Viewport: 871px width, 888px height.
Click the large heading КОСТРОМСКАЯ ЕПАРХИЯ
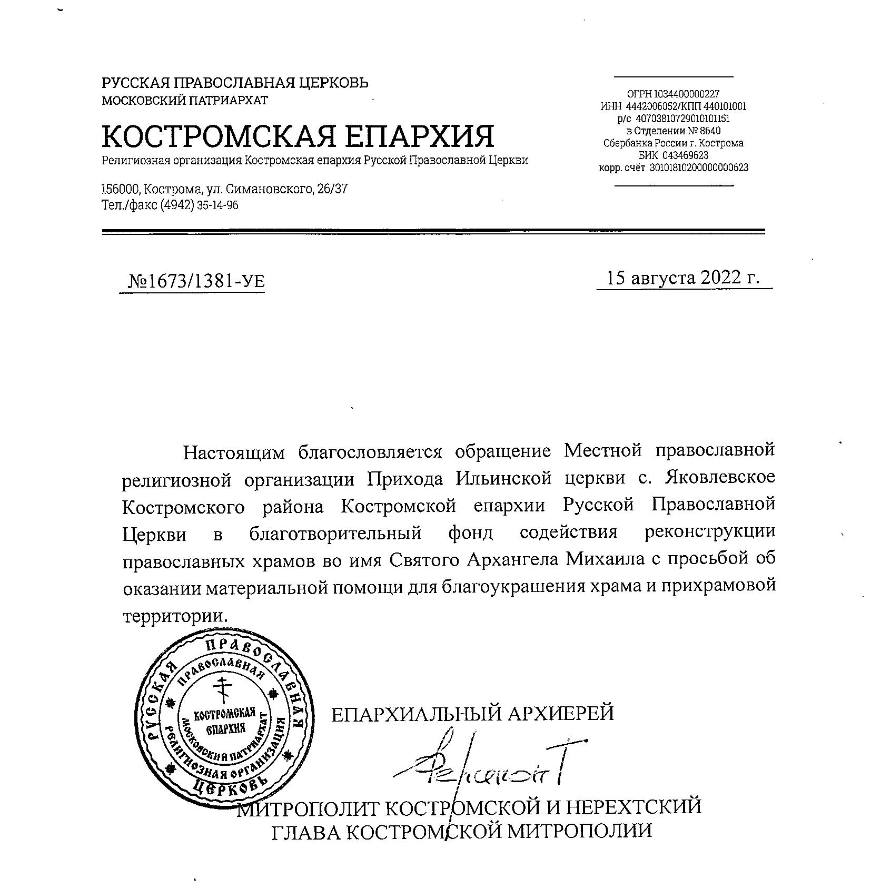(x=298, y=136)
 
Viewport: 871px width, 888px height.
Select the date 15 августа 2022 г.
(x=683, y=278)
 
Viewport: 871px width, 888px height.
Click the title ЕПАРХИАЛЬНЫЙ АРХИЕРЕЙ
(x=472, y=714)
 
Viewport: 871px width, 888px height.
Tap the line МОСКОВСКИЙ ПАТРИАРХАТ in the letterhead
(x=185, y=100)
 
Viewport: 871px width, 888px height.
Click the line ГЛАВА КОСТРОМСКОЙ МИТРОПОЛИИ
(x=461, y=831)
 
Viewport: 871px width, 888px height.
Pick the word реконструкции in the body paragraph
(x=710, y=531)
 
